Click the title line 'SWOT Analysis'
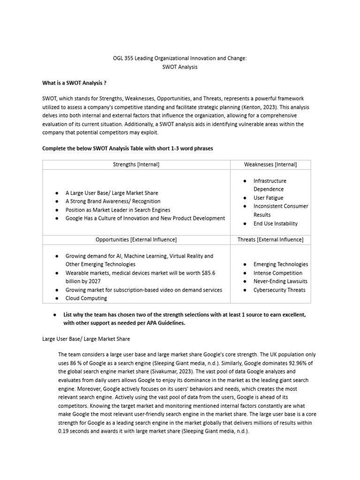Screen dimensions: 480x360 (x=180, y=67)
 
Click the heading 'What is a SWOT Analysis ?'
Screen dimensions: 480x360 (x=74, y=83)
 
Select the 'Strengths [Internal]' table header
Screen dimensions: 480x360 (x=136, y=164)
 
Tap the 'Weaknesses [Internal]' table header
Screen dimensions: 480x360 (x=270, y=164)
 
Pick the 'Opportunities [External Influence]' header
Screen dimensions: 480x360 (x=136, y=240)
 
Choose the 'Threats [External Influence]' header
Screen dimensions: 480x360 (x=270, y=240)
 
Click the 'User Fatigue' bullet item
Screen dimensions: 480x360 (x=268, y=198)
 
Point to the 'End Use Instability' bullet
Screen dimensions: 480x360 (x=275, y=224)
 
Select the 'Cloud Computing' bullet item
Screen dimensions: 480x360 (x=86, y=298)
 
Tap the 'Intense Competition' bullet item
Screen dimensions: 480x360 (x=277, y=273)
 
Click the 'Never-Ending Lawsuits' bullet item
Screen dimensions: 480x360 (x=280, y=281)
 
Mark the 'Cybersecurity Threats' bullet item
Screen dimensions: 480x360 (x=279, y=290)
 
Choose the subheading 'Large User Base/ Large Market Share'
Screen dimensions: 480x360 (x=86, y=338)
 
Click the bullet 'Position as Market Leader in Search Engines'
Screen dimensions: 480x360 (x=118, y=210)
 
